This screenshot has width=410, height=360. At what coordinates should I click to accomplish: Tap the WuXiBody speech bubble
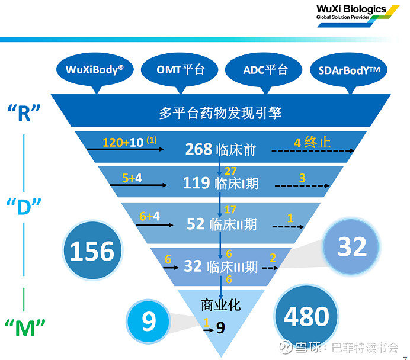coord(95,70)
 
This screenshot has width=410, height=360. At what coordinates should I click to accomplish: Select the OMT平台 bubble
coord(180,70)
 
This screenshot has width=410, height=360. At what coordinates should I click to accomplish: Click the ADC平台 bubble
coord(264,70)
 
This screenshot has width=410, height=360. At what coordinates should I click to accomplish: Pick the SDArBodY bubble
coord(348,70)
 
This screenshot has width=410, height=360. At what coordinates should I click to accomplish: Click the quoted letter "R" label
coord(24,112)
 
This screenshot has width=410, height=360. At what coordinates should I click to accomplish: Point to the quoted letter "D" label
coord(24,206)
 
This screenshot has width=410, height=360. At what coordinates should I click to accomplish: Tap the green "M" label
coord(25,327)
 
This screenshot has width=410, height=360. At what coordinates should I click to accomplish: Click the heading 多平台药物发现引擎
coord(220,113)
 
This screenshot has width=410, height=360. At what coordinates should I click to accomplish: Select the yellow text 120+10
coord(123,143)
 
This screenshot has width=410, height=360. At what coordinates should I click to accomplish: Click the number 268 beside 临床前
coord(198,149)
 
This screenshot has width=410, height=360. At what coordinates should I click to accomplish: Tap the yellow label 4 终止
coord(312,143)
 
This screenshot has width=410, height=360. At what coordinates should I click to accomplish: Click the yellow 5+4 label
coord(132,178)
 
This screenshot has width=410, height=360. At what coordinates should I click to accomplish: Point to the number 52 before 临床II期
coord(196,224)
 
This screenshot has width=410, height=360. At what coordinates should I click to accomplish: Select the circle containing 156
coord(92,250)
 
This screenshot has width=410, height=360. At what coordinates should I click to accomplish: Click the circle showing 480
coord(306,316)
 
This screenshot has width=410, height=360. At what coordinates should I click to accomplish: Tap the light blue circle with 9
coord(148,321)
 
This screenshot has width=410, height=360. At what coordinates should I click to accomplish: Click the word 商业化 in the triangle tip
coord(220,305)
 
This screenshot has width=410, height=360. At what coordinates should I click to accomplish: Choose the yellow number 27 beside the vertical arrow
coord(230,171)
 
